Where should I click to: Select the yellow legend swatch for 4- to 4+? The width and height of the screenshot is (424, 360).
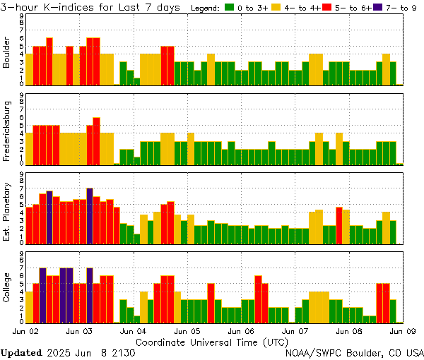(x=276, y=7)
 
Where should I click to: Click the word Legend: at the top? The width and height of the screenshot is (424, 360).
(x=206, y=7)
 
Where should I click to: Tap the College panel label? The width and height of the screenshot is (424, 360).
(x=7, y=288)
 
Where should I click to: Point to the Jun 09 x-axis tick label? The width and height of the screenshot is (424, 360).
(x=402, y=330)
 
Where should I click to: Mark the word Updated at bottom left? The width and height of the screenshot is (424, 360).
(x=20, y=352)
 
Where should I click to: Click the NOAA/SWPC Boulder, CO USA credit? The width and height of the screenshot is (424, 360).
(x=354, y=352)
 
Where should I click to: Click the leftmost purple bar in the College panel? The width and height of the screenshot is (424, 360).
(x=42, y=295)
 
